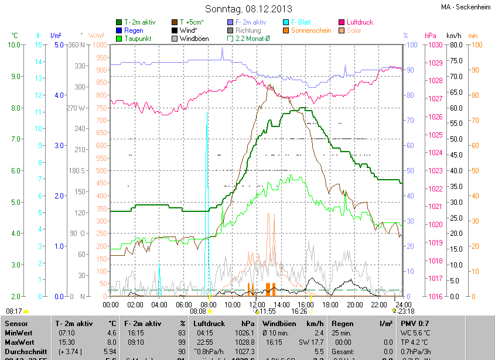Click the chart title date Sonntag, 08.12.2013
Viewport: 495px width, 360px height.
pyautogui.click(x=248, y=9)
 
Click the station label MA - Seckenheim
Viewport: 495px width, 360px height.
pyautogui.click(x=466, y=8)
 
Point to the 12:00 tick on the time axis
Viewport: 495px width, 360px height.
pyautogui.click(x=257, y=304)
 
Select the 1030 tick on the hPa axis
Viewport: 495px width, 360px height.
pyautogui.click(x=434, y=45)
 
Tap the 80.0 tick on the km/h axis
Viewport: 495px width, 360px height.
pyautogui.click(x=456, y=45)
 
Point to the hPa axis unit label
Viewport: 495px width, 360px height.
pyautogui.click(x=431, y=36)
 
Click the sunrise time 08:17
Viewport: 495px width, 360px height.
pyautogui.click(x=14, y=311)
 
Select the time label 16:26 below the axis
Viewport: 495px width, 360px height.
pyautogui.click(x=299, y=311)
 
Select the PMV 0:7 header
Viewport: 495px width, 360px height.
pyautogui.click(x=415, y=323)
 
